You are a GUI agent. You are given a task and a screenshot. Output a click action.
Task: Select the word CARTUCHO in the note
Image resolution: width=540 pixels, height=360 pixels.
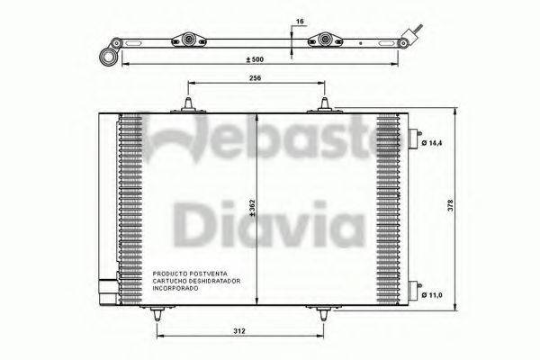[169, 280]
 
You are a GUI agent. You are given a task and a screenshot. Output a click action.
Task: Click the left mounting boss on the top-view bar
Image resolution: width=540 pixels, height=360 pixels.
[190, 40]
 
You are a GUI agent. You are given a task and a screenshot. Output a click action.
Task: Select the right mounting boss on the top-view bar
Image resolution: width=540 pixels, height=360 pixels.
[326, 40]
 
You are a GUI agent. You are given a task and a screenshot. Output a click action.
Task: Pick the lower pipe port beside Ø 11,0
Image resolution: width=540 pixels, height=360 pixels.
[415, 290]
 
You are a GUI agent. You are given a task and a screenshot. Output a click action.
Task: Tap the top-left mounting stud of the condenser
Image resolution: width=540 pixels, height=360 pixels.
[189, 105]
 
